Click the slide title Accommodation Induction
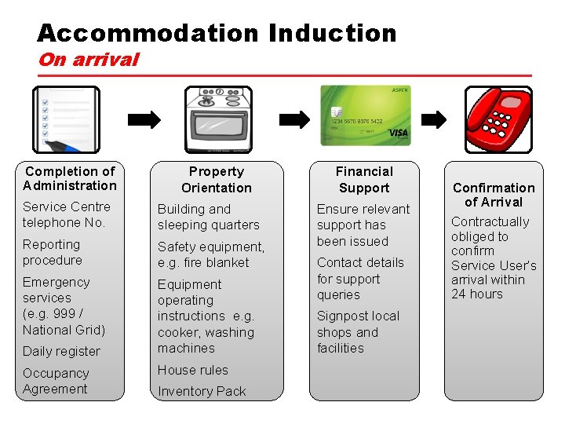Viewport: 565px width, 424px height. tap(217, 33)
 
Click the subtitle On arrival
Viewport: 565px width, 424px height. tap(88, 60)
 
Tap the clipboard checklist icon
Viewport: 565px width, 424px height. tap(66, 119)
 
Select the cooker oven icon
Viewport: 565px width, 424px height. tap(217, 119)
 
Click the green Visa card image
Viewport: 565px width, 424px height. tap(366, 115)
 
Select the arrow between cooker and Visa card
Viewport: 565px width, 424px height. tap(294, 119)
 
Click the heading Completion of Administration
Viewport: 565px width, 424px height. tap(70, 178)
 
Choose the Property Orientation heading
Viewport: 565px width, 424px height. tap(217, 180)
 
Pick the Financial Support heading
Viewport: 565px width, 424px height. tap(364, 180)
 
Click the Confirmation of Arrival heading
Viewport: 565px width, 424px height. tap(494, 195)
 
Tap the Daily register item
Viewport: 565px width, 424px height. tap(61, 351)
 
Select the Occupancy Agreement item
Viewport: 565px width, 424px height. tap(56, 381)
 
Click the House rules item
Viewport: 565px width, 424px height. tap(193, 370)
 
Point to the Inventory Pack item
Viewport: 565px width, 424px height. tap(202, 391)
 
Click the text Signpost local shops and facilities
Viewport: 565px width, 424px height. tap(358, 332)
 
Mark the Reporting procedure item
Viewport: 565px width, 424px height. tap(52, 252)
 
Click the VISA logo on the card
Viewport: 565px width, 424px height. tap(398, 133)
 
